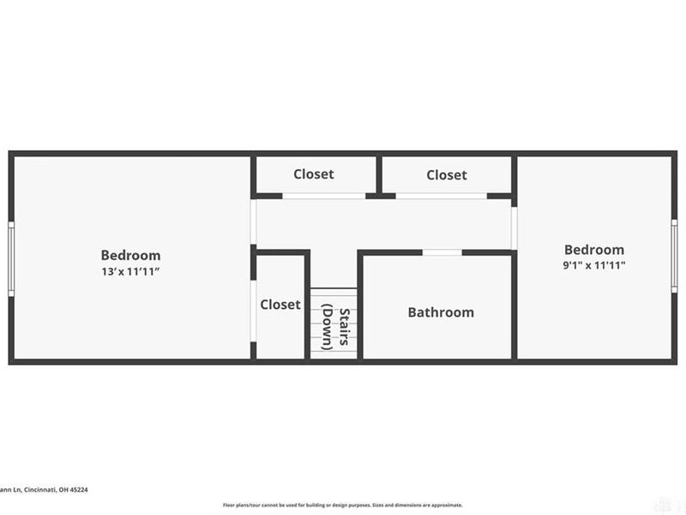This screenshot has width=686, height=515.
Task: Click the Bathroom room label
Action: click(440, 312)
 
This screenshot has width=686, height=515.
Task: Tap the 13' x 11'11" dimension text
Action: click(130, 272)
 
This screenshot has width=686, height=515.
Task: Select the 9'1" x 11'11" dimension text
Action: click(593, 265)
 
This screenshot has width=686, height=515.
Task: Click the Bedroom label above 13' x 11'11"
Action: click(130, 255)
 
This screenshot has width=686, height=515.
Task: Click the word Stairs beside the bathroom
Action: click(345, 327)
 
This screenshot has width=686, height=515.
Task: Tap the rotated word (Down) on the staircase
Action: click(328, 327)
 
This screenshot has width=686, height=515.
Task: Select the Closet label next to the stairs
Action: click(280, 304)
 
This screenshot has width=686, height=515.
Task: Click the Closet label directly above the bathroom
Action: click(447, 174)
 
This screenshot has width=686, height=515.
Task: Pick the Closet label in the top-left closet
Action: click(314, 173)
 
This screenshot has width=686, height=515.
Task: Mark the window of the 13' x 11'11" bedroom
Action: click(11, 258)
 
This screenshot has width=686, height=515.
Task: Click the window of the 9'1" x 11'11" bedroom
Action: click(674, 256)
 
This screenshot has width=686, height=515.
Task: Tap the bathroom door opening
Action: click(442, 252)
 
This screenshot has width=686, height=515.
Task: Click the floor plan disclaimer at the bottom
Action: click(342, 505)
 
